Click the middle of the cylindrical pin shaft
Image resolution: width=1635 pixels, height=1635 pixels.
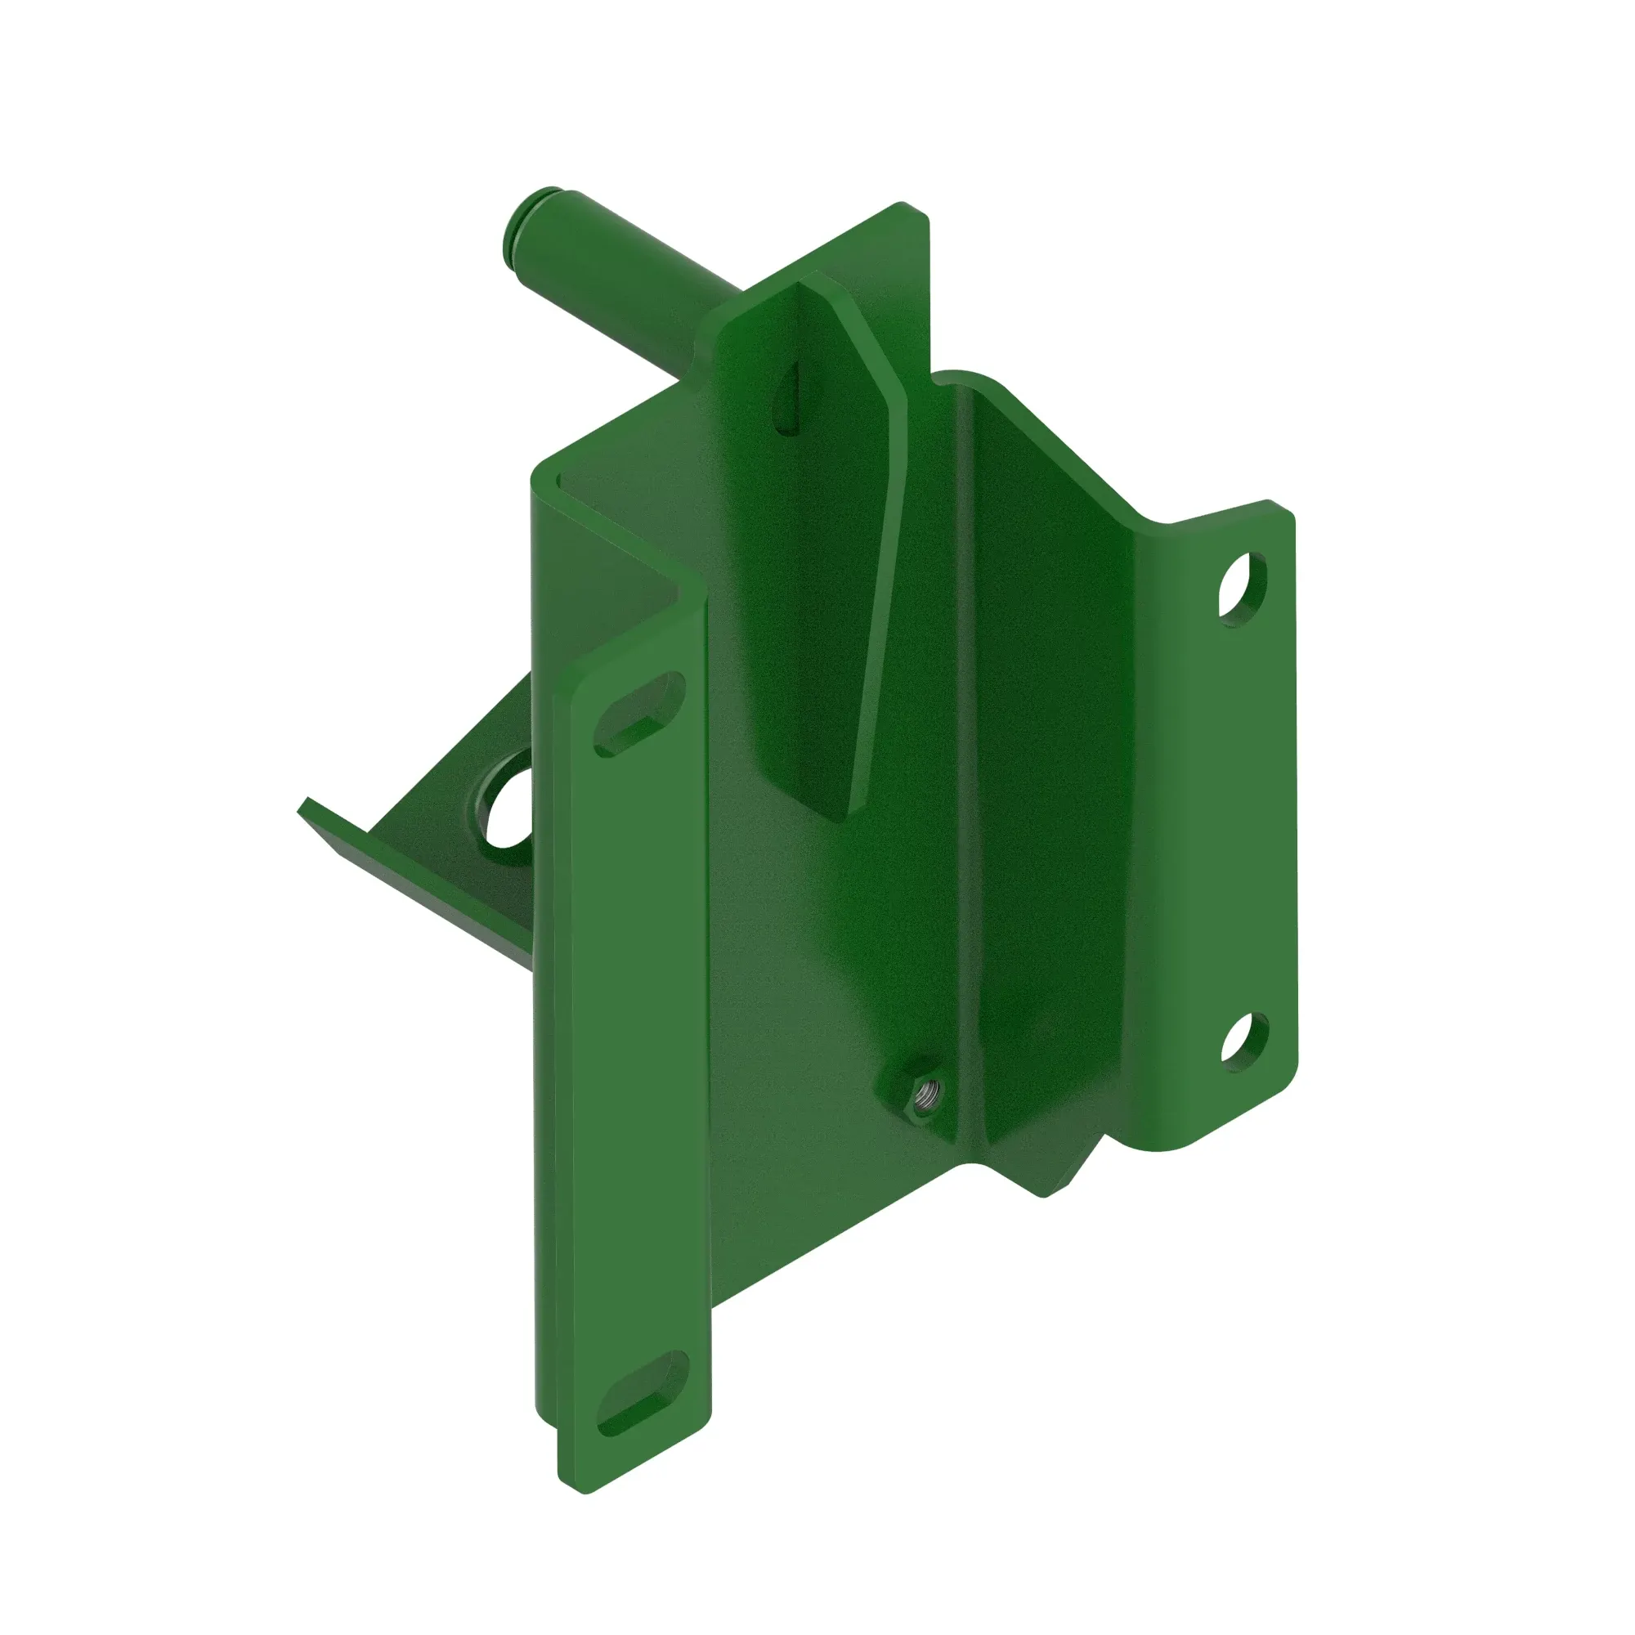(618, 280)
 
